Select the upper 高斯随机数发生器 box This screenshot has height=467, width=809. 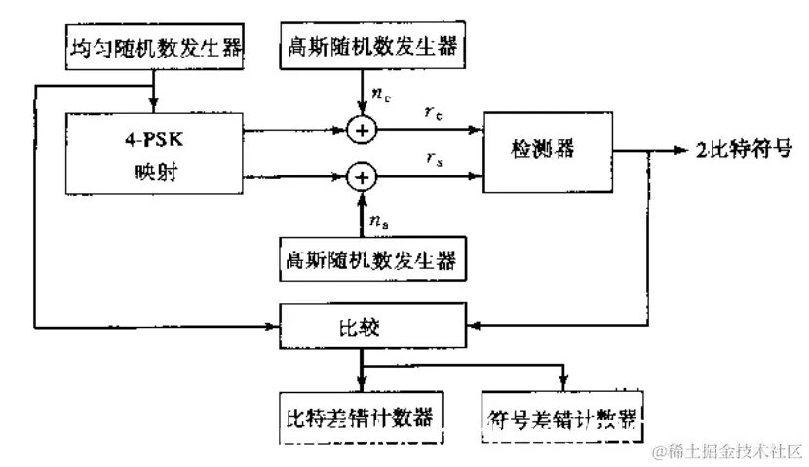click(368, 46)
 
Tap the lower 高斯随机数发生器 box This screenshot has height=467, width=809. click(368, 260)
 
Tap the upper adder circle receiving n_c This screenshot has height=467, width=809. click(362, 128)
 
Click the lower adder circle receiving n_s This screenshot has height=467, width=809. click(362, 176)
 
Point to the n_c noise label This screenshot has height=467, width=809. click(381, 95)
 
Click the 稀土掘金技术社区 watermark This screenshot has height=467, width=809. click(726, 451)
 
